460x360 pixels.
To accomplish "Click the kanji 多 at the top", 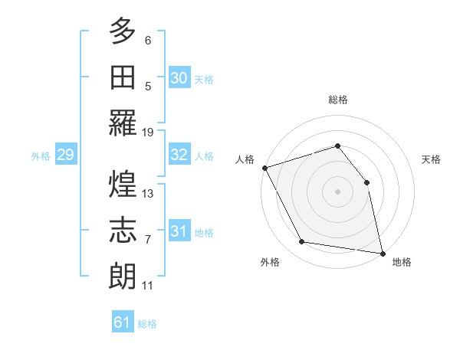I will tap(123, 32).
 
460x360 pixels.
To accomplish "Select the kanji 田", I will tap(123, 77).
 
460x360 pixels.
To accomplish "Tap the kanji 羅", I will tap(123, 123).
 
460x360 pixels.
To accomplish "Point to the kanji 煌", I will tap(123, 185).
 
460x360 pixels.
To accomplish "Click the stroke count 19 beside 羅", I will tap(148, 132).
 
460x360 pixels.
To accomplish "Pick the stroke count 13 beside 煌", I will tap(148, 194).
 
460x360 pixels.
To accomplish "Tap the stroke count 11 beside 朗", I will tap(148, 286).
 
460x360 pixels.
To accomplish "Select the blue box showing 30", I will tap(179, 77).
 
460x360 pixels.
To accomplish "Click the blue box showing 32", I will tap(179, 155).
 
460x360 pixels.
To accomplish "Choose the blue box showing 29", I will tap(65, 155).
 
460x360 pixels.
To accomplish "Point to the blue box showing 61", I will tap(123, 322).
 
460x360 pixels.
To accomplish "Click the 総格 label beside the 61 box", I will tap(147, 324).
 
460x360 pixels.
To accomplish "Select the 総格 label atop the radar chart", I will tap(337, 100).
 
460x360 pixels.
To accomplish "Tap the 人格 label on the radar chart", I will tap(245, 159).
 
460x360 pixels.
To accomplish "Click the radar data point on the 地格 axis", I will tap(382, 252).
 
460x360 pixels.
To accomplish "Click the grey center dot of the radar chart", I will tap(337, 191).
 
